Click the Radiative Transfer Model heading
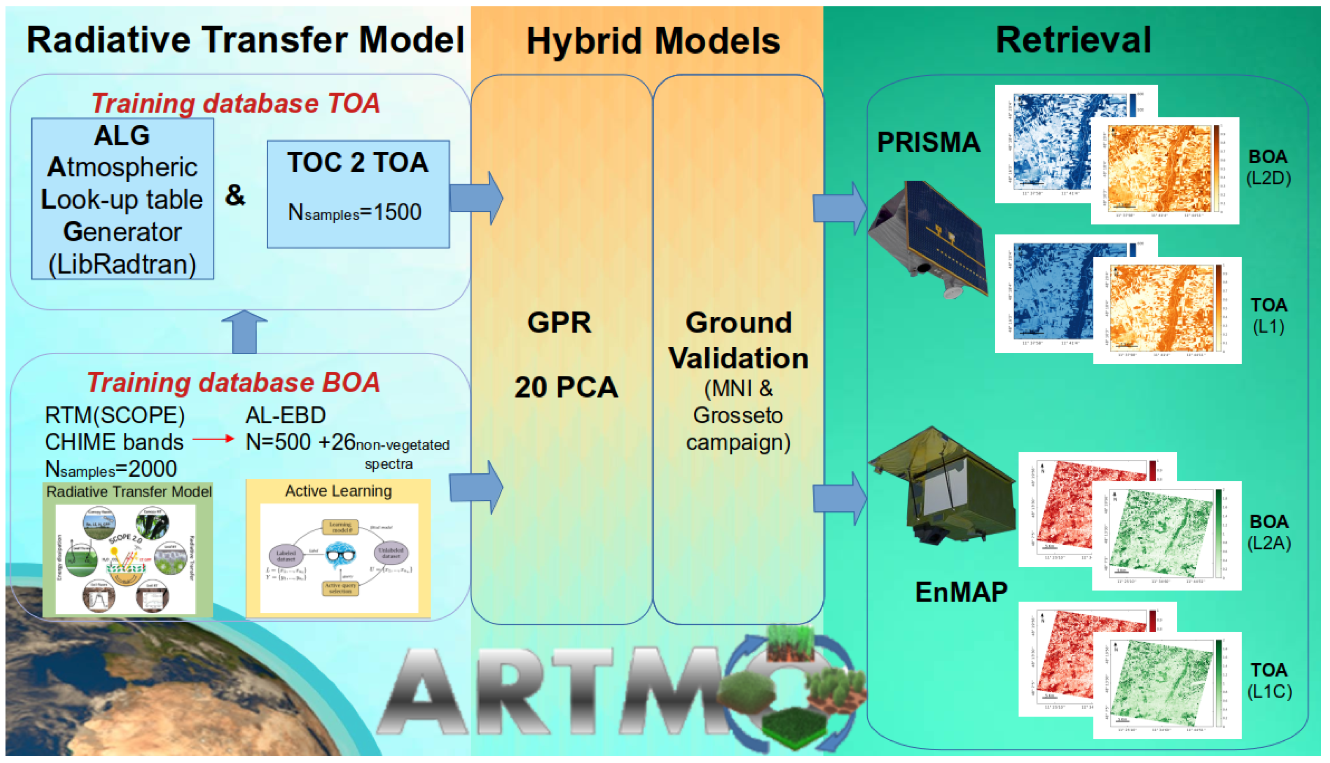[x=245, y=40]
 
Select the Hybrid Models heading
[x=653, y=41]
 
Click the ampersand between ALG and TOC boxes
[x=235, y=195]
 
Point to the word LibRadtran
[x=122, y=264]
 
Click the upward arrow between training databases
[x=244, y=331]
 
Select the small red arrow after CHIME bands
[x=213, y=439]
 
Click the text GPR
[x=559, y=322]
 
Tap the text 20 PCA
[x=566, y=387]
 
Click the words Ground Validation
[x=738, y=340]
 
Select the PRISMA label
[x=928, y=142]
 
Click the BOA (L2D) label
[x=1268, y=167]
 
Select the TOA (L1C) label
[x=1269, y=681]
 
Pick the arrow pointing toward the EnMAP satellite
[x=839, y=499]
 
